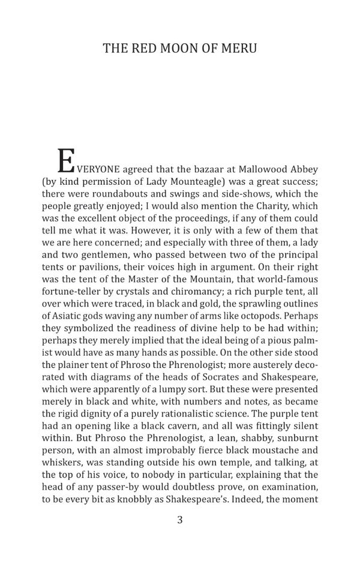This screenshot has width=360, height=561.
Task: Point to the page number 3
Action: (179, 520)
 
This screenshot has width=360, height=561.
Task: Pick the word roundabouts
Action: (118, 194)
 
